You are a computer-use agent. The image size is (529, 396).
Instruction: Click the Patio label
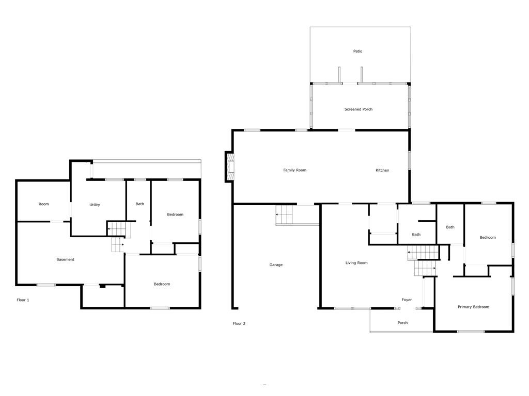(357, 51)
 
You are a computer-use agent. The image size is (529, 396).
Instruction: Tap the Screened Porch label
(359, 109)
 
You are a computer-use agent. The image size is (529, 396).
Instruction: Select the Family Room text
(294, 170)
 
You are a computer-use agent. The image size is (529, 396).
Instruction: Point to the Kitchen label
(382, 170)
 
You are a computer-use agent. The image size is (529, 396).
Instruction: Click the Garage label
(276, 265)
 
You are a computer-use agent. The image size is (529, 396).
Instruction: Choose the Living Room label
(356, 262)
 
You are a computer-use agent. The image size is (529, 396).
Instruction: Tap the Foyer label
(407, 300)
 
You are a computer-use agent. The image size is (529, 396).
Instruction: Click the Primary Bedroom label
(473, 307)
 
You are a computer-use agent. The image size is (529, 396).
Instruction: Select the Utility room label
(95, 205)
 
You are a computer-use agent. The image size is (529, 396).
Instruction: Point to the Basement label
(65, 259)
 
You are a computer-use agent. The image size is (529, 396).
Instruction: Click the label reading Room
(43, 204)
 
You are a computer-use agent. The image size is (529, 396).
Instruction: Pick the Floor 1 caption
(23, 300)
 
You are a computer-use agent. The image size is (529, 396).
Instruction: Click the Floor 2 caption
(239, 323)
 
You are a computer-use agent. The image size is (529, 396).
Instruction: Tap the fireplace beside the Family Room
(229, 167)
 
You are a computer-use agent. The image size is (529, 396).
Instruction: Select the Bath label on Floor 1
(139, 204)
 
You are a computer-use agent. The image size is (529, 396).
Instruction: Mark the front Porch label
(402, 323)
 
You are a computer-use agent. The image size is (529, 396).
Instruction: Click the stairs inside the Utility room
(116, 228)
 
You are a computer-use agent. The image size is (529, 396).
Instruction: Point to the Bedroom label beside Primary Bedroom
(488, 237)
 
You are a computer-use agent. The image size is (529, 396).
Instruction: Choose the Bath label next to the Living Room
(416, 235)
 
